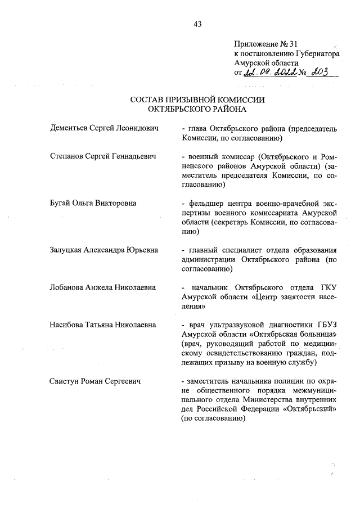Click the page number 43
[197, 24]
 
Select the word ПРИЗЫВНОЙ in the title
[193, 100]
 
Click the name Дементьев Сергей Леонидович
[104, 128]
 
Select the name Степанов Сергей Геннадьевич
[103, 155]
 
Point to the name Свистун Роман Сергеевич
[95, 381]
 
